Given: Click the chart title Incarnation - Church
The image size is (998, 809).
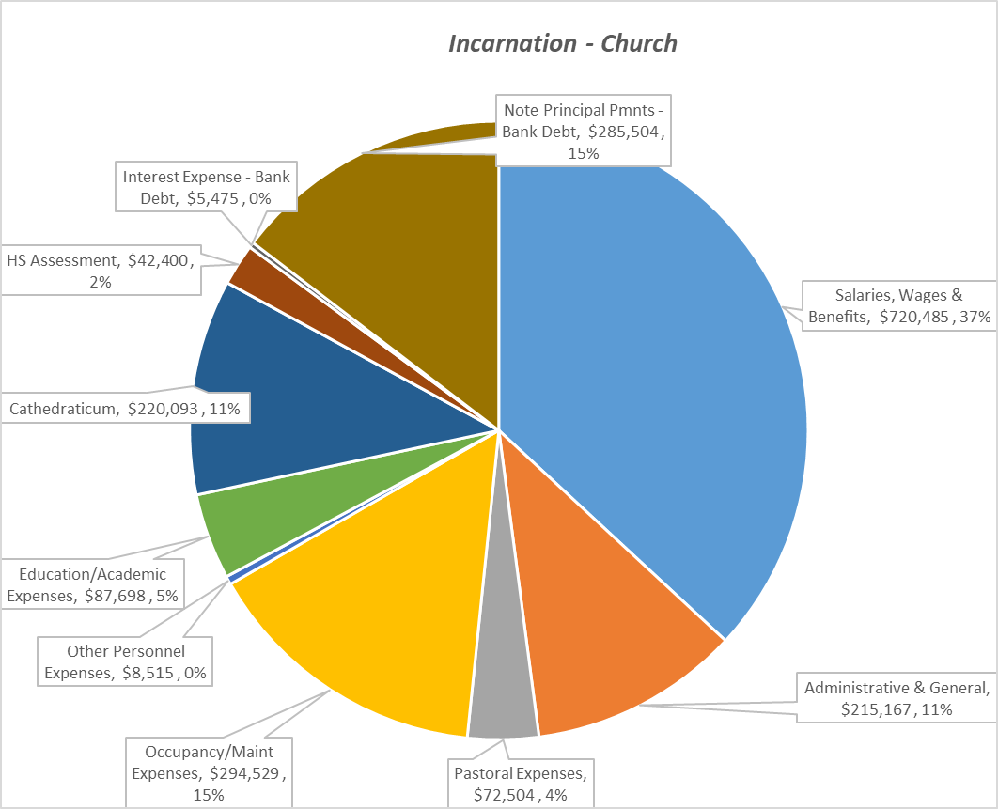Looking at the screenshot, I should pos(562,43).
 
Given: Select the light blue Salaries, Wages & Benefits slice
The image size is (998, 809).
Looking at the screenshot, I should pos(658,376).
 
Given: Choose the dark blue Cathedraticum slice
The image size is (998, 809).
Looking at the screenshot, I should pos(282,404).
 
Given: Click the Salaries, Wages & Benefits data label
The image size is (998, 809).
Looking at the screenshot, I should pos(899,305).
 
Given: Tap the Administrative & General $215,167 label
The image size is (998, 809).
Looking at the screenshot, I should pos(897,698).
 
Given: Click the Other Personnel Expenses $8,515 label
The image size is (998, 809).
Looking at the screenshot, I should pos(126,661).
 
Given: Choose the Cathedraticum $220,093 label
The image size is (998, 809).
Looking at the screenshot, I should pos(125,409).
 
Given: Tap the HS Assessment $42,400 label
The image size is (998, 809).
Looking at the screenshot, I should pos(98,270).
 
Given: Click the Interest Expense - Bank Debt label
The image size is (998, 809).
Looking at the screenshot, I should pos(207,186).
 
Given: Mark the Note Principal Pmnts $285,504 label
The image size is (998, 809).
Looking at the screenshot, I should pos(583,131).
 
